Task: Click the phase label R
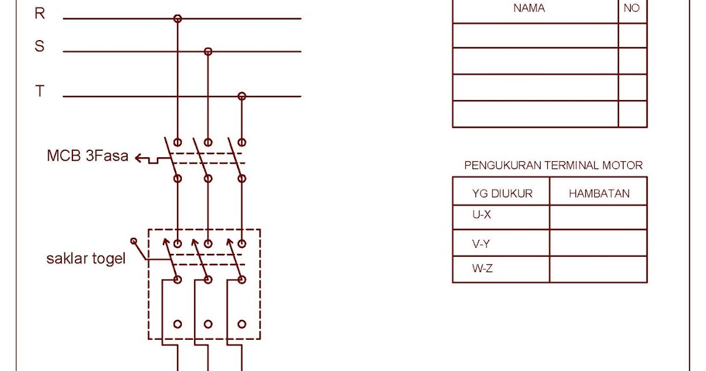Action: (x=39, y=14)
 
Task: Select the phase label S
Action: (x=39, y=47)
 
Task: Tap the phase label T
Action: (x=39, y=91)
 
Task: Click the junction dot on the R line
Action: (x=177, y=19)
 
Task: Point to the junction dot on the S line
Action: (x=208, y=52)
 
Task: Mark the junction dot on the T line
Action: (x=241, y=96)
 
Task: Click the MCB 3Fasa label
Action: (x=88, y=157)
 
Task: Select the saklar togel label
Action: (x=86, y=259)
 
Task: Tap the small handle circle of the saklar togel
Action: (x=134, y=241)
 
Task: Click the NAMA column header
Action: (x=529, y=8)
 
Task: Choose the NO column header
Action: (x=631, y=8)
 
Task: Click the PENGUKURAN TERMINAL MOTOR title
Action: (x=553, y=165)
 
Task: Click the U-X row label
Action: (x=481, y=215)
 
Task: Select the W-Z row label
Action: (x=481, y=269)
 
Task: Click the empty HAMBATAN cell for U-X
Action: (x=598, y=217)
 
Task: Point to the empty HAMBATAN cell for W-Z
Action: (x=598, y=270)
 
